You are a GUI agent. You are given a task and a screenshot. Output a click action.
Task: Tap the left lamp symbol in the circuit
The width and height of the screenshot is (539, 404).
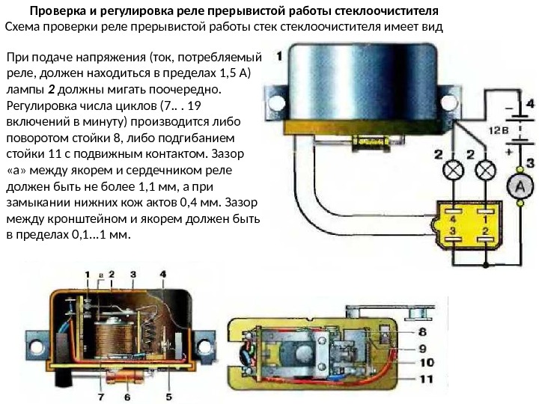coord(453,171)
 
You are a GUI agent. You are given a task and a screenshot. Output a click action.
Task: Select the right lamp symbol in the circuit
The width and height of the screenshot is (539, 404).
coord(487,171)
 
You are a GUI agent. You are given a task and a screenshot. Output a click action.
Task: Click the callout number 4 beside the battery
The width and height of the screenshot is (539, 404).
coord(529,104)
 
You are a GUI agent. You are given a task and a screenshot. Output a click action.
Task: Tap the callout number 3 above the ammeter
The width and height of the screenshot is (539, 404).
coord(529,162)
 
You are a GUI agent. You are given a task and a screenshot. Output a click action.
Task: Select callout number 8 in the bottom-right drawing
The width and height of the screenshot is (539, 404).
coord(422,331)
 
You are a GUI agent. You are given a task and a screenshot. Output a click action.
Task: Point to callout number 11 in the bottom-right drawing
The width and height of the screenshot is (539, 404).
coord(424,379)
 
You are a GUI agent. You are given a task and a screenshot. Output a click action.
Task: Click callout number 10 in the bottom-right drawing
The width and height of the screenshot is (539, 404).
coord(424,363)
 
